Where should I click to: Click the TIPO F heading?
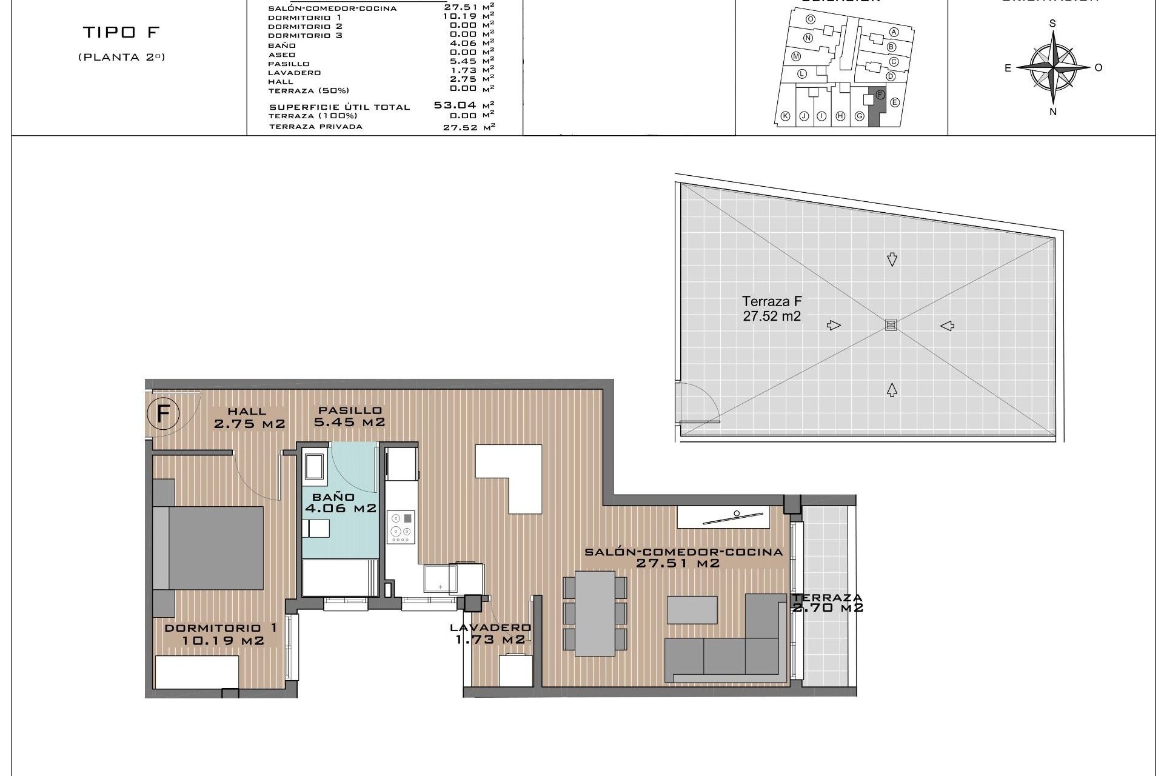(121, 32)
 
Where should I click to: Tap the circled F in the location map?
(880, 95)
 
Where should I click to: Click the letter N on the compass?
(1053, 112)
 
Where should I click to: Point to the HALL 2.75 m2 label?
(249, 418)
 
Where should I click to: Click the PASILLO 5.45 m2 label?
(349, 416)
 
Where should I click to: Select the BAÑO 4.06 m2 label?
(341, 503)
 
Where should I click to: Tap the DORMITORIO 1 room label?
(221, 634)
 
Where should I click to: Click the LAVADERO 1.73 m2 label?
(490, 634)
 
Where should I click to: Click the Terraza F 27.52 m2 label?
(772, 309)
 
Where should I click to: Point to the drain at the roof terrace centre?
(890, 326)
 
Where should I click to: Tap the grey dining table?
(595, 612)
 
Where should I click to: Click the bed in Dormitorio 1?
(209, 548)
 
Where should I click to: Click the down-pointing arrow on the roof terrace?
(892, 259)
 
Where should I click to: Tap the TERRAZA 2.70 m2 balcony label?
(827, 603)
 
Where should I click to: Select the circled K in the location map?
(785, 116)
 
